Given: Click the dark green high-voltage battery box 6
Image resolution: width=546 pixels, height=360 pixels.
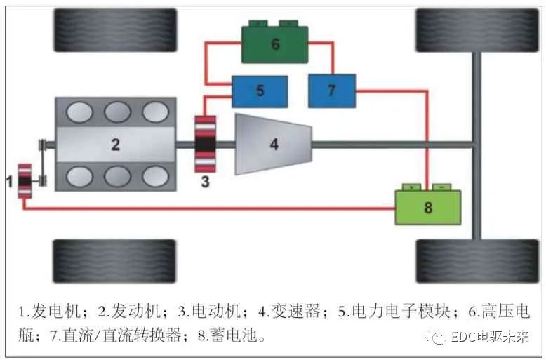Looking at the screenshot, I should tap(275, 44).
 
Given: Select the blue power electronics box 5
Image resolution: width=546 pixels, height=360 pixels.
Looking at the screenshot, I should tap(260, 91).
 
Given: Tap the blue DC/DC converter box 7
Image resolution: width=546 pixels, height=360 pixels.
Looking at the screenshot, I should tap(332, 91).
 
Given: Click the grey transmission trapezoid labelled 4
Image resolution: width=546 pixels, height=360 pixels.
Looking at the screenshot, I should tap(273, 144).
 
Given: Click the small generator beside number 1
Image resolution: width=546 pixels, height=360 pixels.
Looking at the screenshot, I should tap(25, 181).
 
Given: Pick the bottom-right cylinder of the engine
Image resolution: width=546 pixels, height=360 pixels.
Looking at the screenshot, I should tap(154, 176).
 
